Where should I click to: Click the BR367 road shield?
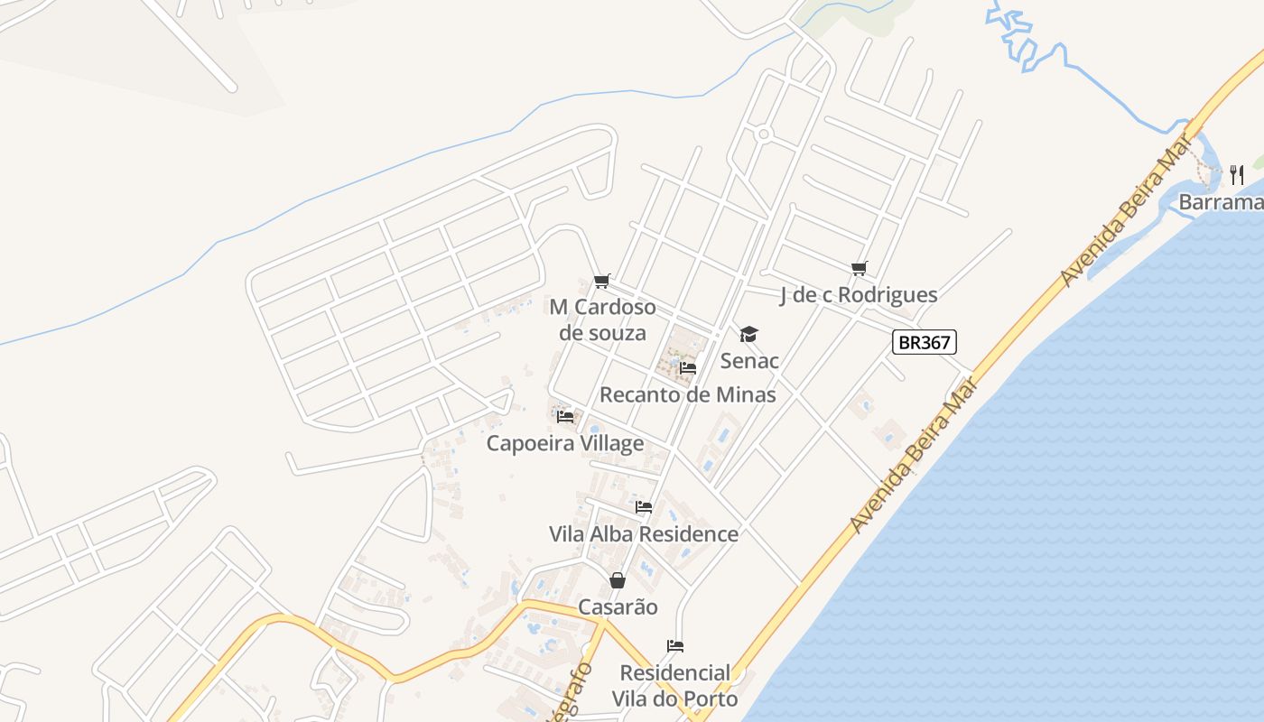click(924, 342)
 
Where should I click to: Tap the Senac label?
click(749, 361)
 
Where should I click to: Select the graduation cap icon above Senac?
click(749, 336)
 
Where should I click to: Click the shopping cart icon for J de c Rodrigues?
click(859, 268)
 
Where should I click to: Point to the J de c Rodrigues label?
click(859, 295)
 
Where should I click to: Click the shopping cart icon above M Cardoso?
click(602, 282)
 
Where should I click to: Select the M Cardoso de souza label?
click(602, 320)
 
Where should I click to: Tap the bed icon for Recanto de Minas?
click(688, 368)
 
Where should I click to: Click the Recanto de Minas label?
click(688, 394)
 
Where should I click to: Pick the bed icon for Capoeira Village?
click(565, 417)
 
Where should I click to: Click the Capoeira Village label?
click(565, 443)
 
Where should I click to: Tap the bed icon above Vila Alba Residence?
click(644, 507)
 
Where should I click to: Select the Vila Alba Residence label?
click(644, 534)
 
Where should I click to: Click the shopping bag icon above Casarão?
click(618, 580)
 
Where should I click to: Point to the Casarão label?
click(618, 607)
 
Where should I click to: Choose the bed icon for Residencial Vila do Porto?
click(675, 646)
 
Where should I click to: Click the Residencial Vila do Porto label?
click(675, 686)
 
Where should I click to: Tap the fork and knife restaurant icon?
click(1237, 175)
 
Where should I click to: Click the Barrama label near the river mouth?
click(1221, 202)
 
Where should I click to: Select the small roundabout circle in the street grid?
click(764, 134)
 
